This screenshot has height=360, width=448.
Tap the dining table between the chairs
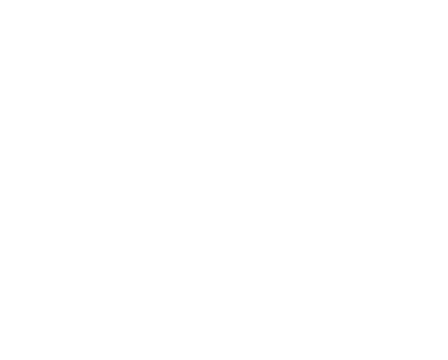pos(413,140)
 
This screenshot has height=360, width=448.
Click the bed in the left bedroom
pos(63,122)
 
